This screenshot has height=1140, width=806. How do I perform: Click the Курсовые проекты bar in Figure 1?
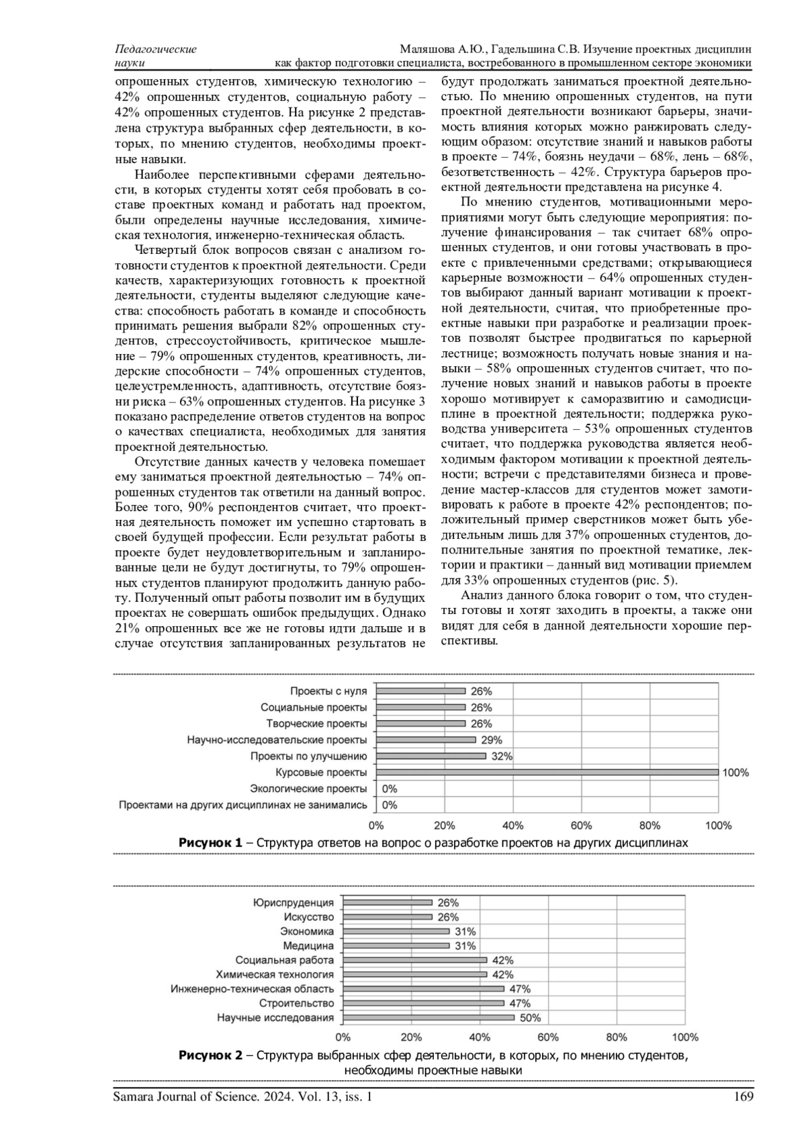tap(547, 773)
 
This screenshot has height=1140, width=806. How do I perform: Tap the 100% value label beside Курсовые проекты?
tap(735, 773)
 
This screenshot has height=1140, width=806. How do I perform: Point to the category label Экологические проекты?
tap(308, 789)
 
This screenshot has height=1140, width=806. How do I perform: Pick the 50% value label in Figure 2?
tap(530, 1018)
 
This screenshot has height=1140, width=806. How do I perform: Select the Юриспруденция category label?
tap(293, 903)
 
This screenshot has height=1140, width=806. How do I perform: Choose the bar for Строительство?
tap(423, 1004)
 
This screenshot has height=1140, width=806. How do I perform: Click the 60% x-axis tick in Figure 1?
tap(581, 826)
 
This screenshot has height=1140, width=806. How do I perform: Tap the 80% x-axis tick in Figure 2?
tap(617, 1037)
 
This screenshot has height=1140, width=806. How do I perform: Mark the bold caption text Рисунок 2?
tap(210, 1055)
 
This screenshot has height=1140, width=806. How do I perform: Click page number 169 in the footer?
tap(744, 1097)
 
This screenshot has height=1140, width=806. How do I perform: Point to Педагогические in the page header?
tap(156, 50)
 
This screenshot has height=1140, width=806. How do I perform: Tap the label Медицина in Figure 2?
tap(308, 946)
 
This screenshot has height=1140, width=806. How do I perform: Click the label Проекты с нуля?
tap(328, 691)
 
